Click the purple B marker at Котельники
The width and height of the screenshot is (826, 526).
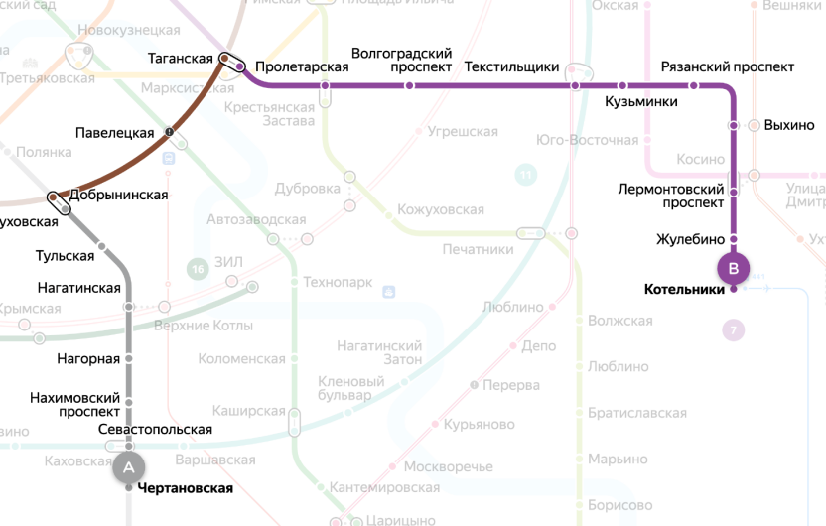(x=734, y=268)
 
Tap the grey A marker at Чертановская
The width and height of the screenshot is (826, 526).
(x=129, y=464)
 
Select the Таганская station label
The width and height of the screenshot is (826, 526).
(x=180, y=59)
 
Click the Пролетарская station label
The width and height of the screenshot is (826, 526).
(x=302, y=66)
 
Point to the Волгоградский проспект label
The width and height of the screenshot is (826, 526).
(x=402, y=60)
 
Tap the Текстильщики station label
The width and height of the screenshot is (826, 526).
(x=512, y=67)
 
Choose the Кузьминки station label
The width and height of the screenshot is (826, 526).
(x=641, y=101)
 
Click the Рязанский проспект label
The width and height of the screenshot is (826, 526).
(x=728, y=66)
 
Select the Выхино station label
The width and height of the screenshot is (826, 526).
(x=789, y=125)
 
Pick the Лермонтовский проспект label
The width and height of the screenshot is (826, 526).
(x=671, y=196)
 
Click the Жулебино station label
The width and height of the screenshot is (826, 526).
(x=690, y=239)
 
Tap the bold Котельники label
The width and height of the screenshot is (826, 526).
(x=684, y=290)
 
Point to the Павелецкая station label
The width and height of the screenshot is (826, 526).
(x=115, y=132)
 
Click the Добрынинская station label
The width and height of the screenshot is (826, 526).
(x=118, y=195)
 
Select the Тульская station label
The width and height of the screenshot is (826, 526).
(x=66, y=255)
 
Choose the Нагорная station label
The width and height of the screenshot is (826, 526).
(x=88, y=358)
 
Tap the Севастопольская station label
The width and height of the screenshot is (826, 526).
(x=156, y=429)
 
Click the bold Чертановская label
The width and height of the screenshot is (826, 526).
(x=186, y=488)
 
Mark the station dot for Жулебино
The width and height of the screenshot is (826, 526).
(x=734, y=239)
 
